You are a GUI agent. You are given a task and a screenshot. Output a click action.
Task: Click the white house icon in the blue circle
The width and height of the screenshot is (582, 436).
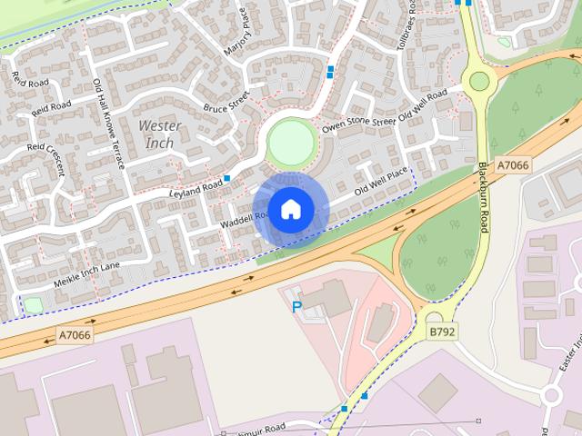[290, 209]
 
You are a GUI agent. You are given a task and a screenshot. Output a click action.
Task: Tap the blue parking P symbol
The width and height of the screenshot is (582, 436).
[296, 307]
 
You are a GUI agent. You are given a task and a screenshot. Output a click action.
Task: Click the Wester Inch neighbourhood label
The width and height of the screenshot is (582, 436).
[160, 134]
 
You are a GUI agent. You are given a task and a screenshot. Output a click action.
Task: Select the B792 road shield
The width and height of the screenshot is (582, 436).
[442, 332]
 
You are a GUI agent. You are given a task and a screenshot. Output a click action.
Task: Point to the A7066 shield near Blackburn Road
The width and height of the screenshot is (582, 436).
[513, 165]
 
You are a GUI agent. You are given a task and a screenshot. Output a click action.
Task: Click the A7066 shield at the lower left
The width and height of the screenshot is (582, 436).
[75, 335]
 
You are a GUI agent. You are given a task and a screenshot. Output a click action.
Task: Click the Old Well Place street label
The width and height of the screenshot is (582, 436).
[380, 182]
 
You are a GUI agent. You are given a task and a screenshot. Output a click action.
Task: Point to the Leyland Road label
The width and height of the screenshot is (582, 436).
[196, 189]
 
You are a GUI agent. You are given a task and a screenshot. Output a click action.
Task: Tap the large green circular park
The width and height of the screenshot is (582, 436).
[292, 143]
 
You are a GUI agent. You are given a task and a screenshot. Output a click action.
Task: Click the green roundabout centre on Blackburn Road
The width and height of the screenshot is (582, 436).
[478, 81]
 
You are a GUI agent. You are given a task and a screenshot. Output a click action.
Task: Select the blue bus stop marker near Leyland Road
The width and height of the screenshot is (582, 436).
[226, 178]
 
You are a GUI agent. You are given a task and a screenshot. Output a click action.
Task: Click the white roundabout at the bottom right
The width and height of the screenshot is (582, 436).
[552, 396]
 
